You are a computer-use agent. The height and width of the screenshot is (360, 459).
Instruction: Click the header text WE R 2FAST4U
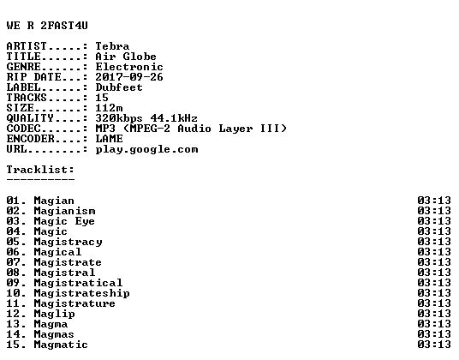(47, 26)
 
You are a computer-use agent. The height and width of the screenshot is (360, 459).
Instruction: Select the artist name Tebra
(112, 46)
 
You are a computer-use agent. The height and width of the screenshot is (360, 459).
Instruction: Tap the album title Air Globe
(126, 57)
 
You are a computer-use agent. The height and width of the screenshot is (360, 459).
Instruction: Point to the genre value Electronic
(129, 67)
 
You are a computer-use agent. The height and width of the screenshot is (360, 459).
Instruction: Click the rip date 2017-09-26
(129, 77)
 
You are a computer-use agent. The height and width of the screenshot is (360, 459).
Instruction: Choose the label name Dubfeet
(119, 87)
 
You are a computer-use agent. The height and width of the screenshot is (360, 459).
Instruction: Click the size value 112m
(110, 108)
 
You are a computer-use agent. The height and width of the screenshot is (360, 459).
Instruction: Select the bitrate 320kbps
(119, 118)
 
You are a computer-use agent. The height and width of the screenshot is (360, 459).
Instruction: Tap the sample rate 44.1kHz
(174, 118)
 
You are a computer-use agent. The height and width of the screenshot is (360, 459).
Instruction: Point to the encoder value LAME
(110, 139)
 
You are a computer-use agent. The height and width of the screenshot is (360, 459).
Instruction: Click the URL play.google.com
(147, 150)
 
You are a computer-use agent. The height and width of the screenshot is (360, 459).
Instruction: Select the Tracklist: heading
(40, 170)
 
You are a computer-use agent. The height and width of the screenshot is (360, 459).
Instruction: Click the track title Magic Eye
(64, 221)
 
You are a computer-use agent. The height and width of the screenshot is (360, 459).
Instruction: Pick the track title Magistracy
(68, 242)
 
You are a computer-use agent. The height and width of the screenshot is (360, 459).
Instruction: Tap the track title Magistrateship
(81, 293)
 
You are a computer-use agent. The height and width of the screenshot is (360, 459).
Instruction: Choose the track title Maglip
(55, 314)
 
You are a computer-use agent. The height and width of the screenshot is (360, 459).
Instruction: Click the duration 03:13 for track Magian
(434, 201)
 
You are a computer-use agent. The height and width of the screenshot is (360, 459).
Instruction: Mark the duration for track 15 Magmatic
(434, 345)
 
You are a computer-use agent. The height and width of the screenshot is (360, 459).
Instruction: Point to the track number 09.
(14, 283)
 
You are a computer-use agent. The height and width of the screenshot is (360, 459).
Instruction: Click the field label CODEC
(24, 129)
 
